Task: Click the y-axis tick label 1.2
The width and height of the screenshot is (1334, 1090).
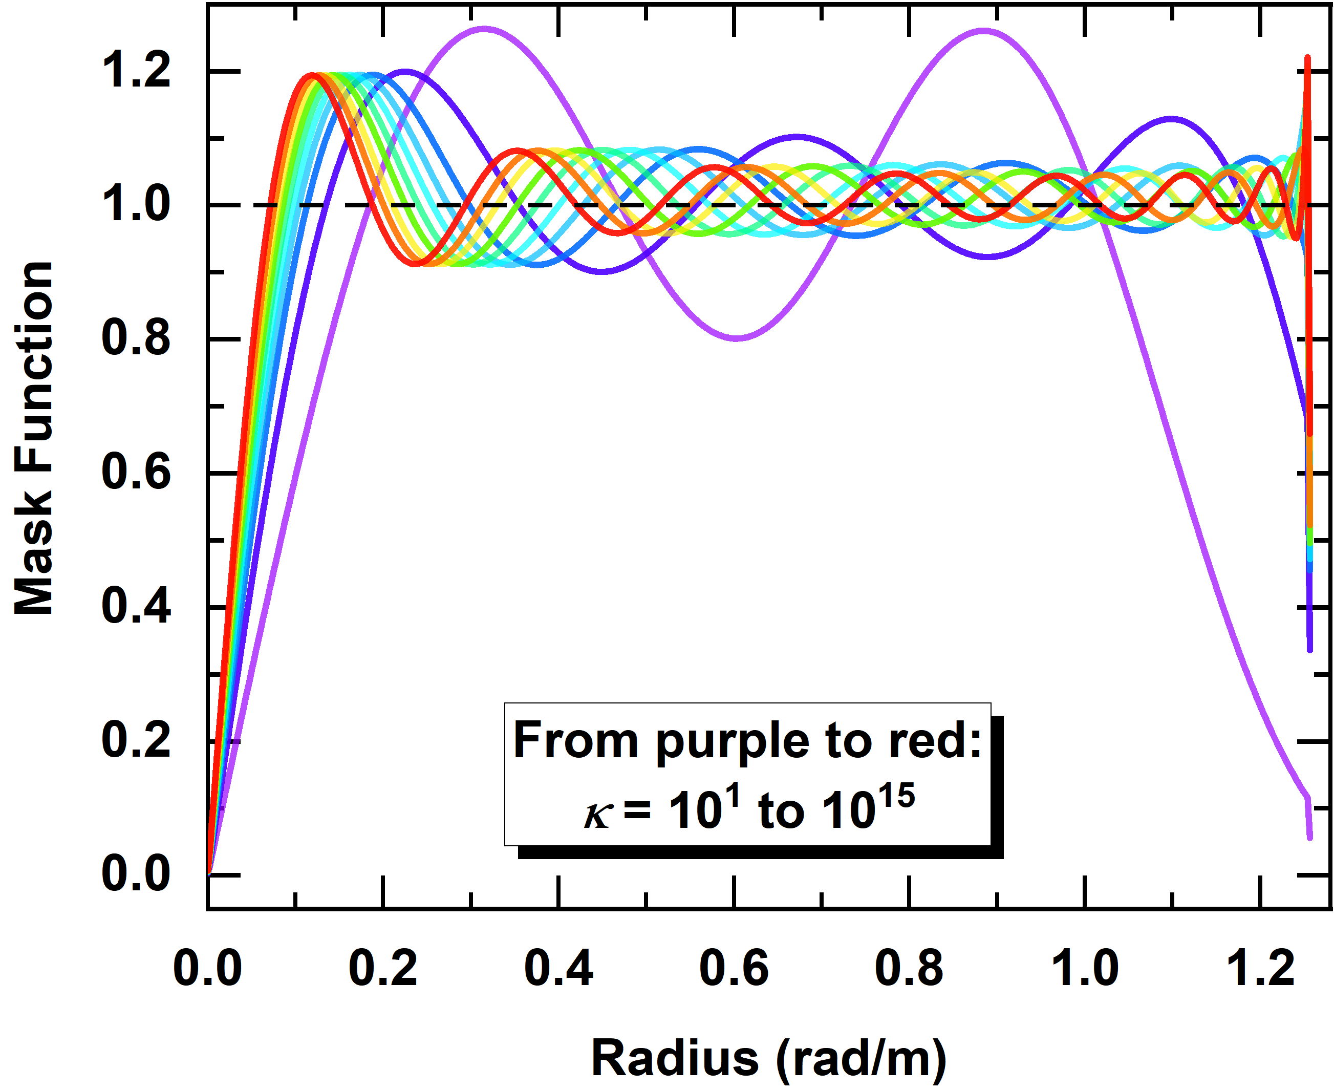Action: pyautogui.click(x=136, y=71)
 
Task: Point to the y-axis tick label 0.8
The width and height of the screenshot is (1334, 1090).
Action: pyautogui.click(x=136, y=338)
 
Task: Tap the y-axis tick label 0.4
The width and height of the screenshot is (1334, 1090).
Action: pyautogui.click(x=136, y=607)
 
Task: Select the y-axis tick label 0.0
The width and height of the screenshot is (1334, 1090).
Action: pyautogui.click(x=136, y=874)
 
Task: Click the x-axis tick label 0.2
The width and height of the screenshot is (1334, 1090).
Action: pyautogui.click(x=383, y=968)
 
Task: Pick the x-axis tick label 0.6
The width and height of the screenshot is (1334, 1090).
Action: pyautogui.click(x=734, y=968)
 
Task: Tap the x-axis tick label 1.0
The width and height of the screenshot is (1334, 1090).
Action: pyautogui.click(x=1085, y=968)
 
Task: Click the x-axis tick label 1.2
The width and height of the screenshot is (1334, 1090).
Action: pyautogui.click(x=1260, y=968)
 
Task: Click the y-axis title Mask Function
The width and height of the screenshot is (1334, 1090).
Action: pyautogui.click(x=34, y=438)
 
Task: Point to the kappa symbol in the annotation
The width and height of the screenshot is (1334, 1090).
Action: pyautogui.click(x=597, y=816)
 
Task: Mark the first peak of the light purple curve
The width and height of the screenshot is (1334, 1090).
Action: pyautogui.click(x=483, y=28)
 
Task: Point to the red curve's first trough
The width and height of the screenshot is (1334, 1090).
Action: pyautogui.click(x=414, y=264)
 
